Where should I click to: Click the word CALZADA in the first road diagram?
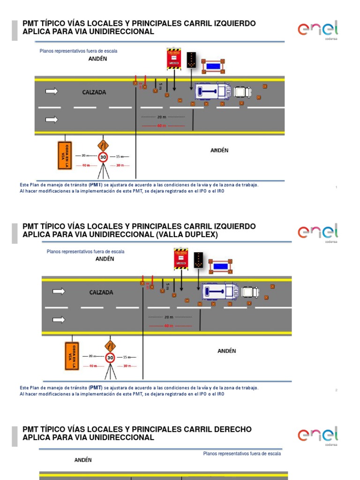(x=94, y=92)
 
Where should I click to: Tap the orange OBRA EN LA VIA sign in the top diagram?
(x=65, y=155)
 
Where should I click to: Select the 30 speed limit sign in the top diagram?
(x=103, y=157)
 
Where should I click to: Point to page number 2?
(x=336, y=390)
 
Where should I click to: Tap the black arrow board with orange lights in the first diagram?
(x=191, y=60)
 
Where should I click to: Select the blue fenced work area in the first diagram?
(x=213, y=66)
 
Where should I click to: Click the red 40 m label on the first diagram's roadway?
(x=161, y=126)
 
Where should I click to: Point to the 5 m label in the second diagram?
(x=167, y=286)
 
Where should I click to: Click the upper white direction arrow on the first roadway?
(x=52, y=91)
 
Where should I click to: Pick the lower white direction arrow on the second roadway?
(x=59, y=320)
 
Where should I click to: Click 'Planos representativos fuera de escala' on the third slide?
(x=242, y=454)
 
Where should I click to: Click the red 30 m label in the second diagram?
(x=127, y=366)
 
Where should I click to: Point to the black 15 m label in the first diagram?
(x=122, y=156)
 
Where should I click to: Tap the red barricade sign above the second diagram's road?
(x=181, y=259)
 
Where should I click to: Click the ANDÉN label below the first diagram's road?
(x=219, y=150)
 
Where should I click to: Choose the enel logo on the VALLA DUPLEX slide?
(x=317, y=232)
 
